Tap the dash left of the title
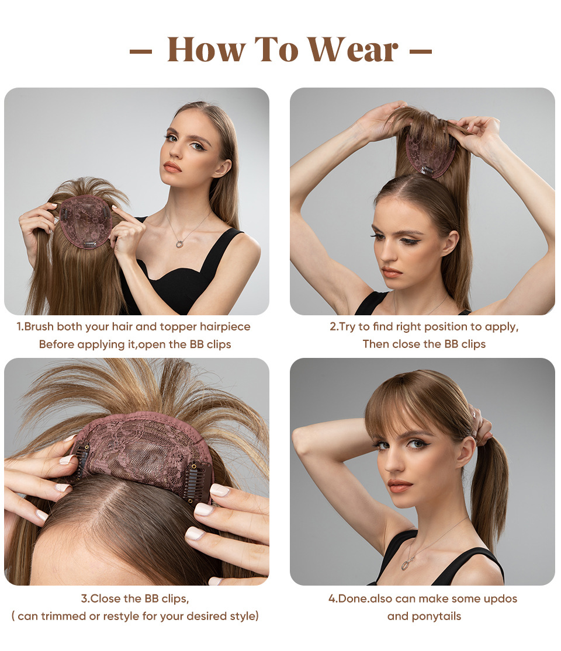click(140, 51)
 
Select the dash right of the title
click(421, 51)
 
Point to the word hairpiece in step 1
click(225, 326)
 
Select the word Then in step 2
click(376, 344)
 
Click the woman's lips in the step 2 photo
click(392, 272)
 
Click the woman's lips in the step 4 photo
click(400, 486)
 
